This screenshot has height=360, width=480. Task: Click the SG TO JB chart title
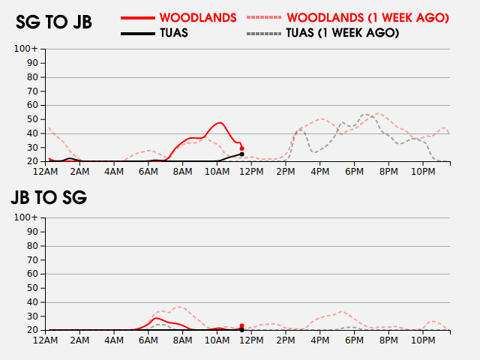(54, 22)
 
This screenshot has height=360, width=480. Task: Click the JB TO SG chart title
(48, 198)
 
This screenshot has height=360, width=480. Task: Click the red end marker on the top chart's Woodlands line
(241, 148)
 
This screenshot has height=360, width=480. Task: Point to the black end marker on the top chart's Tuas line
(241, 154)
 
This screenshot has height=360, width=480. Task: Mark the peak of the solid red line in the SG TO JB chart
(220, 123)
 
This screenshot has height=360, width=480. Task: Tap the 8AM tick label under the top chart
(182, 172)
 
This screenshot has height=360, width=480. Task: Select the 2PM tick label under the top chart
(286, 172)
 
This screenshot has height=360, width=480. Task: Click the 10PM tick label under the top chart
(424, 172)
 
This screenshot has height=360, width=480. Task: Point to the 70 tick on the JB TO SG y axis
(33, 260)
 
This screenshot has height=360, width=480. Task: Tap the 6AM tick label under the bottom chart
(148, 340)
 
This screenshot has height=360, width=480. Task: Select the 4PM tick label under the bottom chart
(320, 340)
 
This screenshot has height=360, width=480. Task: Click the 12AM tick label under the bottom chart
(46, 340)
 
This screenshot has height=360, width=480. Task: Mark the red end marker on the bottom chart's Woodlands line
(241, 326)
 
